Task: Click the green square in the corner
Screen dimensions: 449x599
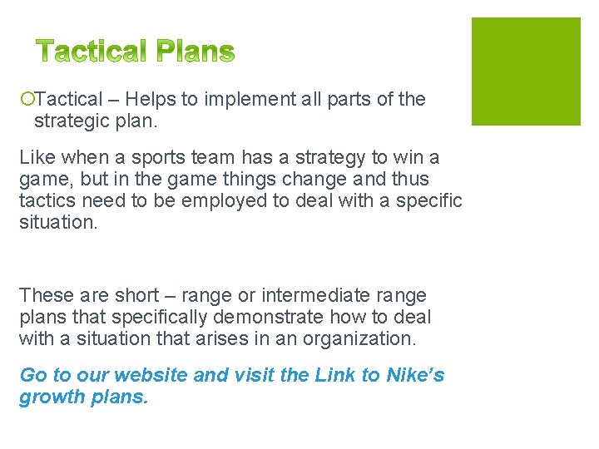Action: point(526,72)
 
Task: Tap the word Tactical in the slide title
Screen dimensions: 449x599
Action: point(92,52)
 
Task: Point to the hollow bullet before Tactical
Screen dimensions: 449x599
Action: point(27,100)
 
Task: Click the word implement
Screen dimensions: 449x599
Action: point(246,99)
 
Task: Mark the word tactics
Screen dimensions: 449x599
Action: point(47,200)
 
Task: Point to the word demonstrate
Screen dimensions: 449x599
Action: point(257,317)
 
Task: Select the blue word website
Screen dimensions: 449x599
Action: point(155,375)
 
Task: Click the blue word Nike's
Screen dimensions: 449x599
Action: point(416,375)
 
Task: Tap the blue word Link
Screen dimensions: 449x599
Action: point(335,375)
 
